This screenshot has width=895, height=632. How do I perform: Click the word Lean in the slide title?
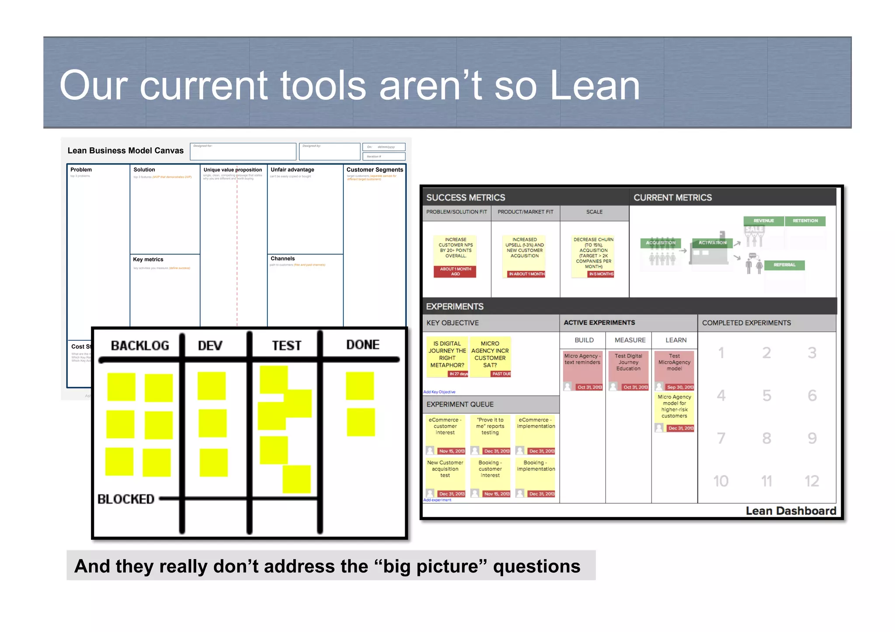point(594,86)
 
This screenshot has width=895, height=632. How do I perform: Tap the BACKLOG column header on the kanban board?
point(140,345)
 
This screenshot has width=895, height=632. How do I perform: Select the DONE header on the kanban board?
point(363,345)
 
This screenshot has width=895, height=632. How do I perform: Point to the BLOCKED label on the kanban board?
point(126,499)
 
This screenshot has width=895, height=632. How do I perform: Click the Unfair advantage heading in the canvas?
point(292,169)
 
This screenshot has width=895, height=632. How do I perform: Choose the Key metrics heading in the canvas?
point(148,259)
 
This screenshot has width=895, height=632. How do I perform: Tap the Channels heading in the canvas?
point(282,259)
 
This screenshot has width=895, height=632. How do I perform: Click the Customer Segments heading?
point(375,169)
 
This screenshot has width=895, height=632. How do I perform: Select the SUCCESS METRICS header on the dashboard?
point(465,197)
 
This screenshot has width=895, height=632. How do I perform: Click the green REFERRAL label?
point(784,265)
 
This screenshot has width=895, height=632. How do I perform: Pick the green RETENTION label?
point(805,221)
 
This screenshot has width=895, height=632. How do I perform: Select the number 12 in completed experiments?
point(812,481)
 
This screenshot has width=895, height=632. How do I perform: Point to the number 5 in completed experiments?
point(767,395)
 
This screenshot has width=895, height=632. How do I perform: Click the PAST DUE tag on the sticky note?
point(501,374)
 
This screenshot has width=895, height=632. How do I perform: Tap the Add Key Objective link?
point(439,392)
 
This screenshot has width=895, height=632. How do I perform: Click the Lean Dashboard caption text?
point(791,511)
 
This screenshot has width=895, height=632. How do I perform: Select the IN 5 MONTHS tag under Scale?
point(601,274)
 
